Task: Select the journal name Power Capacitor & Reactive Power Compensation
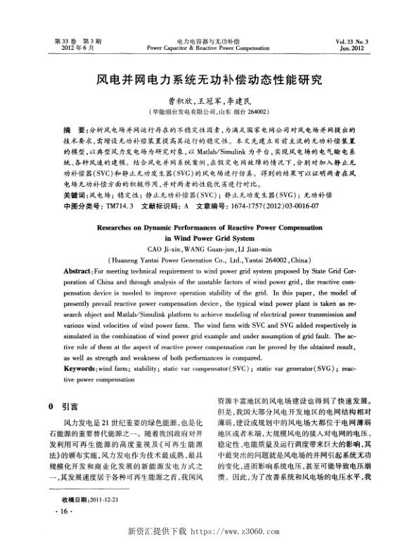pyautogui.click(x=203, y=49)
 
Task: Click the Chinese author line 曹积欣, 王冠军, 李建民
pyautogui.click(x=203, y=100)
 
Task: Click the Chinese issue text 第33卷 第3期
pyautogui.click(x=69, y=42)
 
